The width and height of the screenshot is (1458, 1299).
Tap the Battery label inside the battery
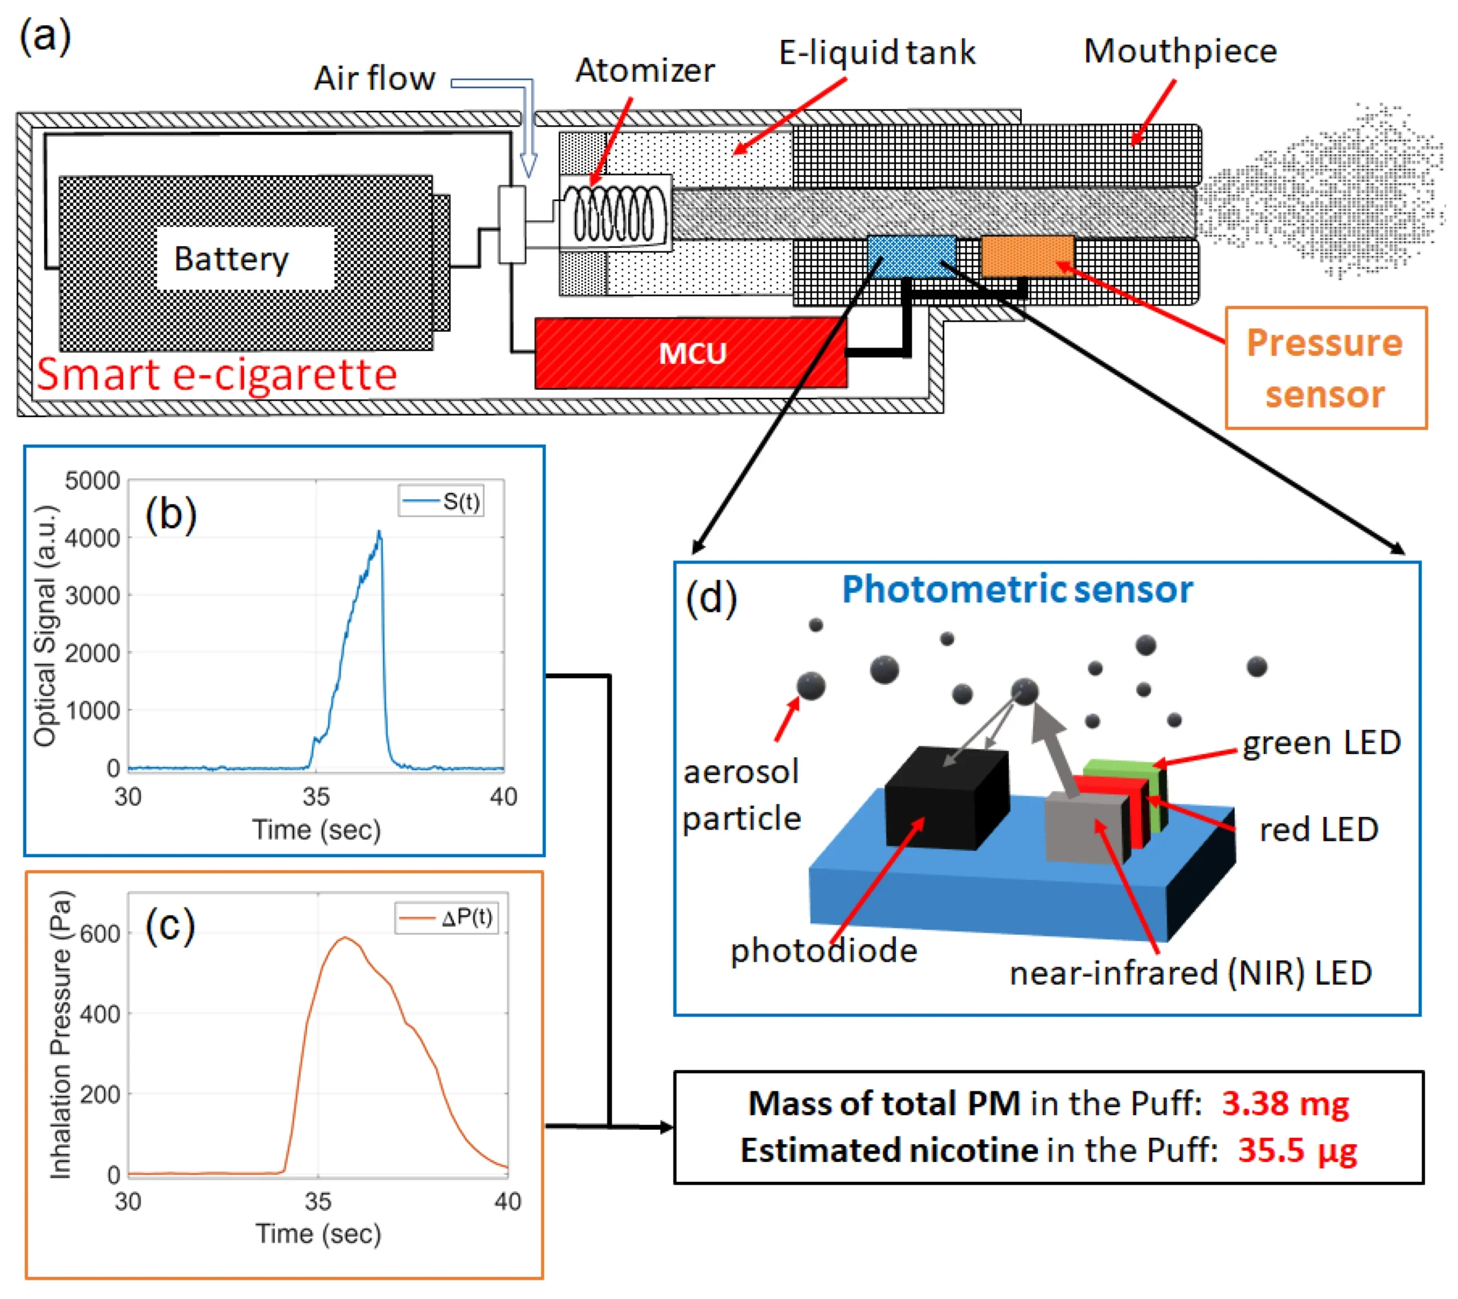pyautogui.click(x=231, y=258)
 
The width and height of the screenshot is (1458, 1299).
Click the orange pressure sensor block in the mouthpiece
pyautogui.click(x=1027, y=256)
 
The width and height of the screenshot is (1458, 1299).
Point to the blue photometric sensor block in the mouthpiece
pyautogui.click(x=911, y=256)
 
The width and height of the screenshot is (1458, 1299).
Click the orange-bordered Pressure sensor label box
pyautogui.click(x=1325, y=368)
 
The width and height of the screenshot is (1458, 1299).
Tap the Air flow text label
pyautogui.click(x=374, y=78)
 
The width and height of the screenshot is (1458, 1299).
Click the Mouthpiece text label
pyautogui.click(x=1179, y=51)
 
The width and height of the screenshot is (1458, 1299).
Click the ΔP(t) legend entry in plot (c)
pyautogui.click(x=447, y=918)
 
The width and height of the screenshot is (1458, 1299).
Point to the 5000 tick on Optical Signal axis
pyautogui.click(x=92, y=480)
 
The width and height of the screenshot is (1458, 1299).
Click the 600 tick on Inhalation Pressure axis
pyautogui.click(x=100, y=934)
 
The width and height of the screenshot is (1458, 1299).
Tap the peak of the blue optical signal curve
pyautogui.click(x=379, y=532)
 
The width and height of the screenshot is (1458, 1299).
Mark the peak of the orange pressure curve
pyautogui.click(x=346, y=938)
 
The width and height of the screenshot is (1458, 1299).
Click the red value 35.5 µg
pyautogui.click(x=1297, y=1150)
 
